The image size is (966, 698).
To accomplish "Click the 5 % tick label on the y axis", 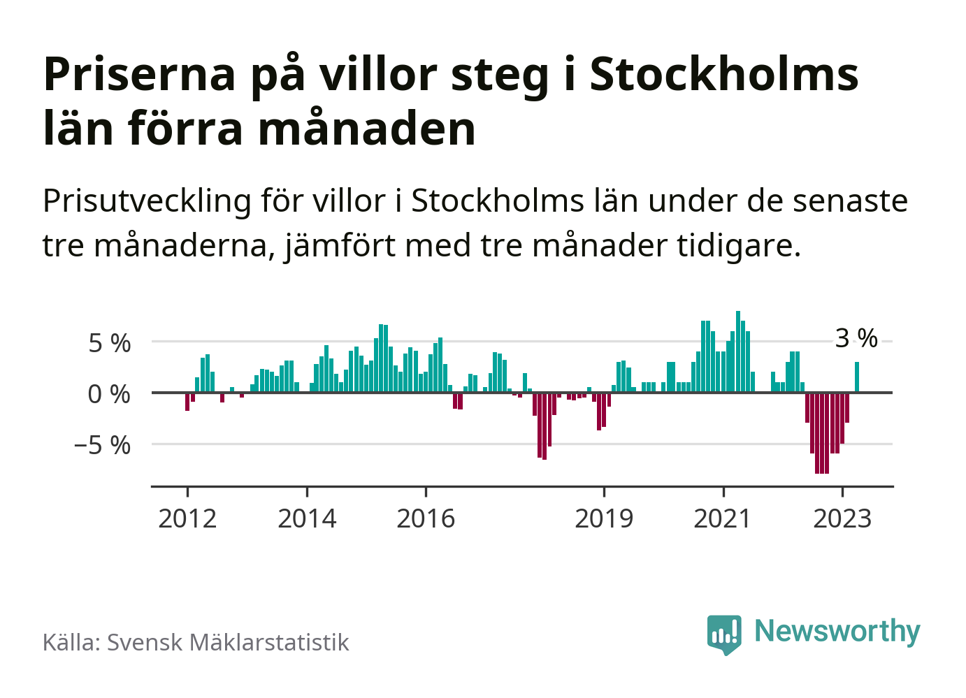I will [x=109, y=343].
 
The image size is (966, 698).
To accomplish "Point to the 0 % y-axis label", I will [x=109, y=394].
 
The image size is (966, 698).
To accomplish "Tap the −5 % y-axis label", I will [x=103, y=445].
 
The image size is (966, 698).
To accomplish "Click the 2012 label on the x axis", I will [x=187, y=518].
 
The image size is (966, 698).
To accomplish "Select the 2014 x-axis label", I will [x=307, y=518].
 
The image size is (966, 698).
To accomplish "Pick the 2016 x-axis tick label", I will [x=426, y=518].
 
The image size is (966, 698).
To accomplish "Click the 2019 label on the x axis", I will [x=604, y=518].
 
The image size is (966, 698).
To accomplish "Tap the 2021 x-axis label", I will [x=723, y=518].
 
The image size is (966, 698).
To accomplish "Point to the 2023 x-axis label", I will [x=842, y=518].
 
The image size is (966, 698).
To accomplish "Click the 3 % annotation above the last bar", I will [x=856, y=338].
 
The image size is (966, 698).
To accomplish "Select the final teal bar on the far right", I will [x=857, y=377].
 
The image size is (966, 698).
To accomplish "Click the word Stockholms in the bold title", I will [x=724, y=74].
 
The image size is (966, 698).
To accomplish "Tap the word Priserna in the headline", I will [x=140, y=74].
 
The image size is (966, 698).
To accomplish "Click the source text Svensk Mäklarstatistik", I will [x=228, y=642].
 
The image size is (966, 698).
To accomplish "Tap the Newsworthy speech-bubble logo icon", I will [x=724, y=633].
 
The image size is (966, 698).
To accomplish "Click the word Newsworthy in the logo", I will [x=837, y=631].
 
